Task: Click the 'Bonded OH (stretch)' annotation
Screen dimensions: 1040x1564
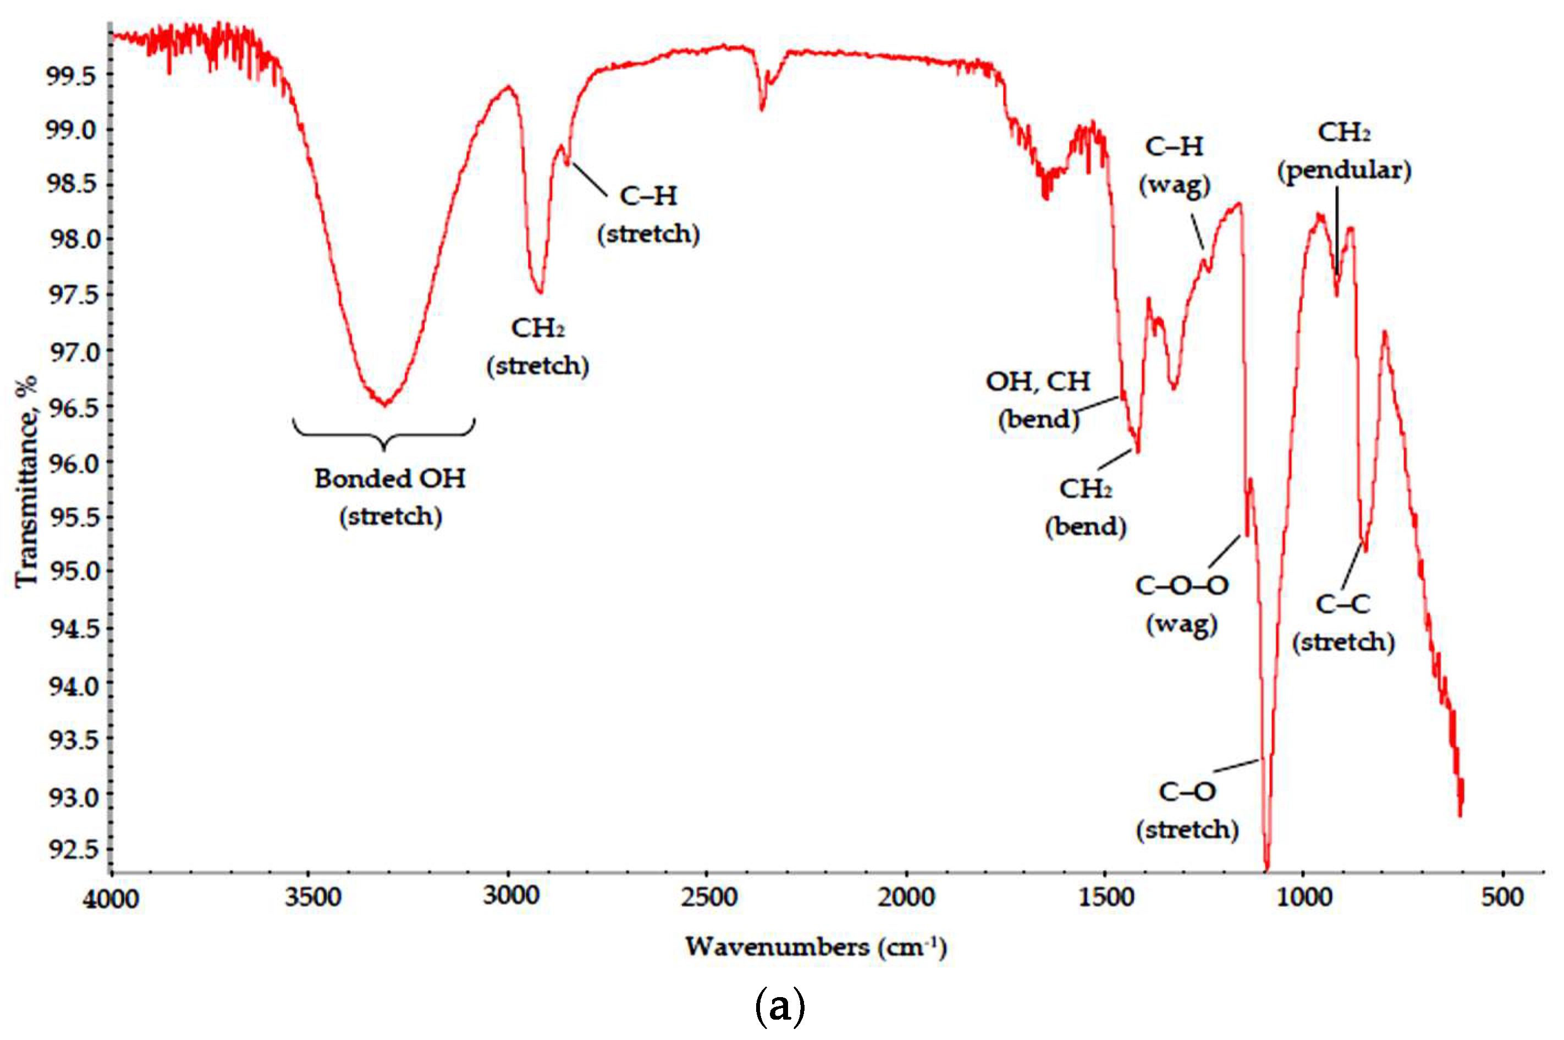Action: pos(390,497)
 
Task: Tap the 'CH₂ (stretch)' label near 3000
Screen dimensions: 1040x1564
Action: pos(538,346)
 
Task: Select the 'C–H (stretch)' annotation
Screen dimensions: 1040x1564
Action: pos(649,214)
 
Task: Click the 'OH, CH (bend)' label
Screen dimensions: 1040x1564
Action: pos(1038,399)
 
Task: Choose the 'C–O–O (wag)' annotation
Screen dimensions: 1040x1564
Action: pos(1182,603)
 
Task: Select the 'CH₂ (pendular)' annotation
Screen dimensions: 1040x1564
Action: pos(1345,151)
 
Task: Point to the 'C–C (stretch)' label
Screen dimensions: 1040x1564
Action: pos(1343,622)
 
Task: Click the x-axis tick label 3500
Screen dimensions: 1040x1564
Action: pos(312,898)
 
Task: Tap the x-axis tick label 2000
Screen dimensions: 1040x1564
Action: pos(907,898)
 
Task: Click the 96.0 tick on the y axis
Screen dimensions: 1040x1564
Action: pos(73,463)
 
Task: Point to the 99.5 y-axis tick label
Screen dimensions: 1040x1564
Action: pos(73,75)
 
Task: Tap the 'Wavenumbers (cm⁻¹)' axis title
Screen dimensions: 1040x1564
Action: pos(816,947)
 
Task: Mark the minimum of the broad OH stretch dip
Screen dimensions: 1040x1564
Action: pos(385,403)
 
